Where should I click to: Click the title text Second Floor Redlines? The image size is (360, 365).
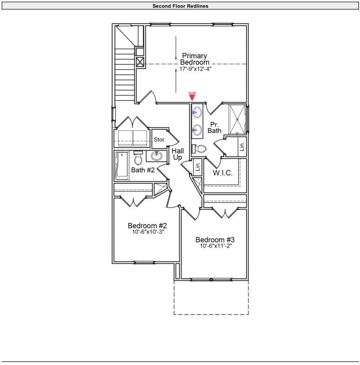180,6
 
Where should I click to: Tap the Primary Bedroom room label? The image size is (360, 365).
194,59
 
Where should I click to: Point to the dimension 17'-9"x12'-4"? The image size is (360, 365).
196,68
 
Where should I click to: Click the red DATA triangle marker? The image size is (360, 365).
192,96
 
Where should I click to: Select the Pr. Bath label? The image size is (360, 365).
214,128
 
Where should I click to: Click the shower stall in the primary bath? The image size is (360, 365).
237,119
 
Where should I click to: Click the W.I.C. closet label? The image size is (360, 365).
222,173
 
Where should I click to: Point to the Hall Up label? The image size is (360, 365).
178,154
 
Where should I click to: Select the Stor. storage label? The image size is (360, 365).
160,140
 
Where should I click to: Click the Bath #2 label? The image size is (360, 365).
143,170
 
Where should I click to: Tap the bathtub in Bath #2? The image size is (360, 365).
122,166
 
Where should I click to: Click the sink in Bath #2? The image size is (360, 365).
157,156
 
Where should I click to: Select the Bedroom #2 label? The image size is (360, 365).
147,225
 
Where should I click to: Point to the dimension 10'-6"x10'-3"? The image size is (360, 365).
147,232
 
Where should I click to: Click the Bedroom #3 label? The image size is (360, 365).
215,240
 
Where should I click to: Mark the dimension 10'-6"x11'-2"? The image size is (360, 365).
215,246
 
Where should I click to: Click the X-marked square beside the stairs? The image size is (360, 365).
140,62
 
